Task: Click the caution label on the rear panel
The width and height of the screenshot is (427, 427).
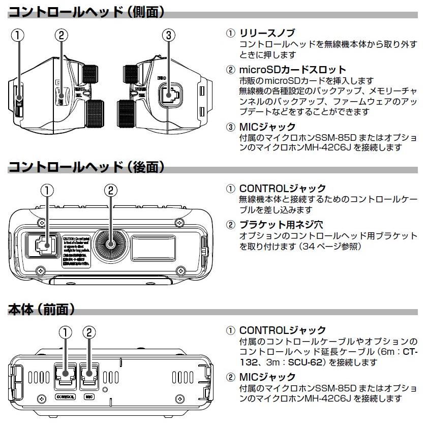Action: coord(77,250)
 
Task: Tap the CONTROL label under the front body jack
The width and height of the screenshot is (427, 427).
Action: coord(65,396)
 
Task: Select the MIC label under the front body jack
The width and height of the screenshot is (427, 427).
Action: coord(89,396)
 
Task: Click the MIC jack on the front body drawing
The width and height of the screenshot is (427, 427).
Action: coord(89,376)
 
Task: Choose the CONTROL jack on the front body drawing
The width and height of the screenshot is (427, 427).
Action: coord(65,376)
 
